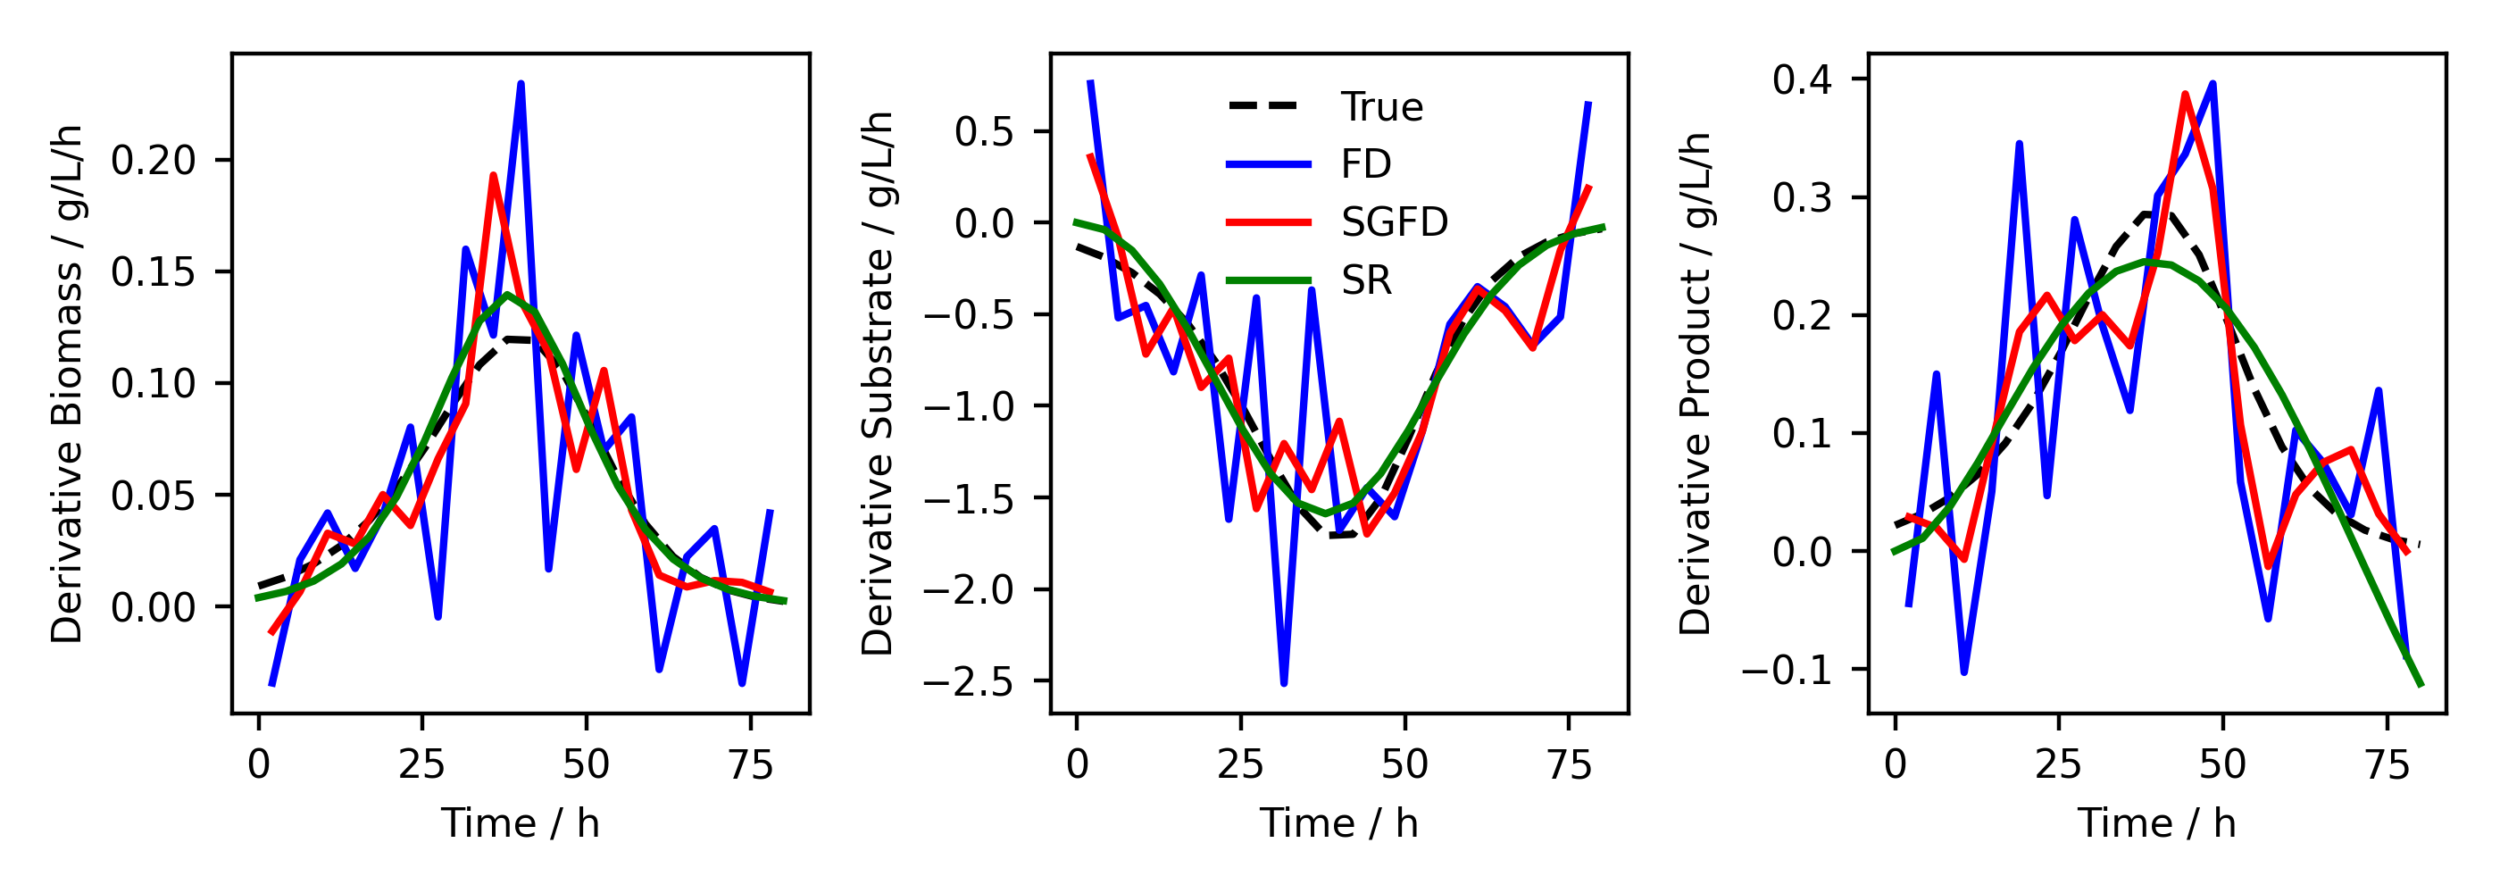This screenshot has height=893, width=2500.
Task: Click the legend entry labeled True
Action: (1381, 107)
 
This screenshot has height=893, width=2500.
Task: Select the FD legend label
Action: (1365, 164)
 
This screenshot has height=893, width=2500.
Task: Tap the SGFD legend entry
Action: (1394, 222)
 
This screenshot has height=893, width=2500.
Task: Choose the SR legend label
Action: (1365, 280)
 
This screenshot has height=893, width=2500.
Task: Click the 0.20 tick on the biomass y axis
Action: (154, 160)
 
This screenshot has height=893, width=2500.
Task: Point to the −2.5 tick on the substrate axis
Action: (968, 682)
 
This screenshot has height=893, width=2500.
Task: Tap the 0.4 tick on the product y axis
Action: (1802, 79)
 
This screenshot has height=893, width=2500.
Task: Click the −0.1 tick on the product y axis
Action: (1787, 670)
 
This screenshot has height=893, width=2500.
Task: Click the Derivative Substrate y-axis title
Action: (878, 384)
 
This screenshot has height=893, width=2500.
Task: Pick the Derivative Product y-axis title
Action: (1696, 384)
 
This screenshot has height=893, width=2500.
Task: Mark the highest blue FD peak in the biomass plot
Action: (521, 85)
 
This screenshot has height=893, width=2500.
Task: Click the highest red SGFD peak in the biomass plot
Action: (493, 177)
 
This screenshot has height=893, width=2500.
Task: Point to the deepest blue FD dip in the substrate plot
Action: (1284, 683)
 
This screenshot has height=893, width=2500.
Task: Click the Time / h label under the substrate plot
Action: (1338, 824)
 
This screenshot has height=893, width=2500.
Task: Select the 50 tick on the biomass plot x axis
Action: (587, 766)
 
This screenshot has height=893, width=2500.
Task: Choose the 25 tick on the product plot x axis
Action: (2058, 766)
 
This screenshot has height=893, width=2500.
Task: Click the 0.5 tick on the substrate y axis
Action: (984, 132)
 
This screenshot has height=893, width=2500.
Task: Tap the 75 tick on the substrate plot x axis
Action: (1570, 766)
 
